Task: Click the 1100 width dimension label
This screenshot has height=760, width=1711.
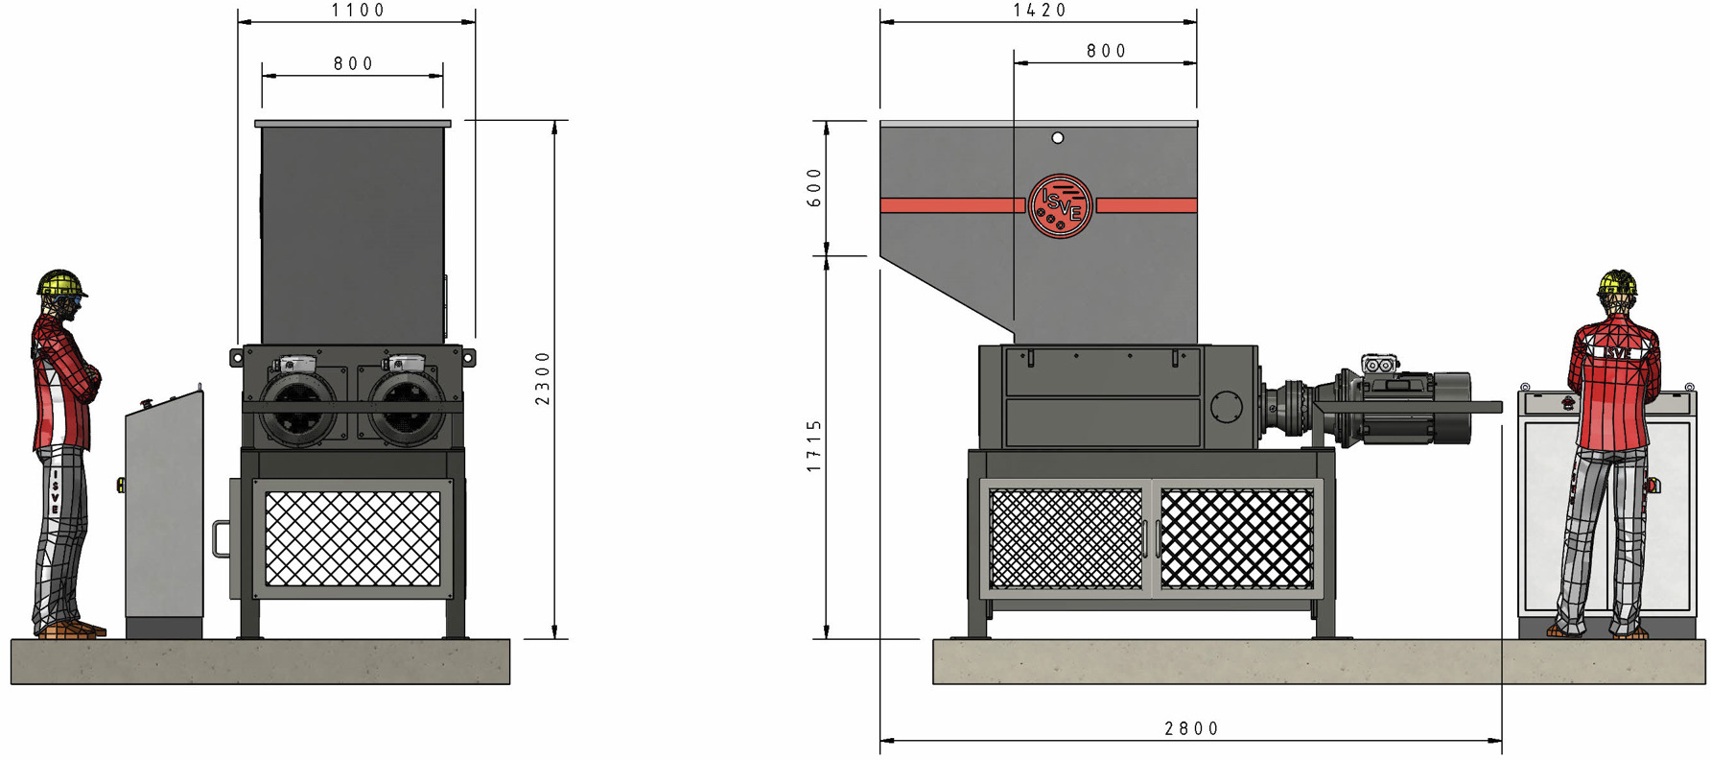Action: (x=358, y=11)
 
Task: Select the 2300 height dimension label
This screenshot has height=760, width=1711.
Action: (x=543, y=378)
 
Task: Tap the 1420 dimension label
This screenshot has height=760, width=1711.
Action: (x=1040, y=11)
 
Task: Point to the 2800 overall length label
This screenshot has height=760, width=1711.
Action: (x=1191, y=729)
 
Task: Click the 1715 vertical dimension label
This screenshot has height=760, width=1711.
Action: (x=814, y=445)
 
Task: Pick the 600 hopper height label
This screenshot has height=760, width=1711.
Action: (x=814, y=188)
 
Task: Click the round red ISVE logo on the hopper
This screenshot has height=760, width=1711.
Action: (x=1060, y=205)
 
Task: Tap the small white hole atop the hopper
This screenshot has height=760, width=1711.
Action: (x=1057, y=138)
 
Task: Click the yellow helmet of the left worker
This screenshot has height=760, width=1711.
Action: (x=60, y=283)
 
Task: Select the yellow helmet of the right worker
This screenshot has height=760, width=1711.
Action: (x=1617, y=282)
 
